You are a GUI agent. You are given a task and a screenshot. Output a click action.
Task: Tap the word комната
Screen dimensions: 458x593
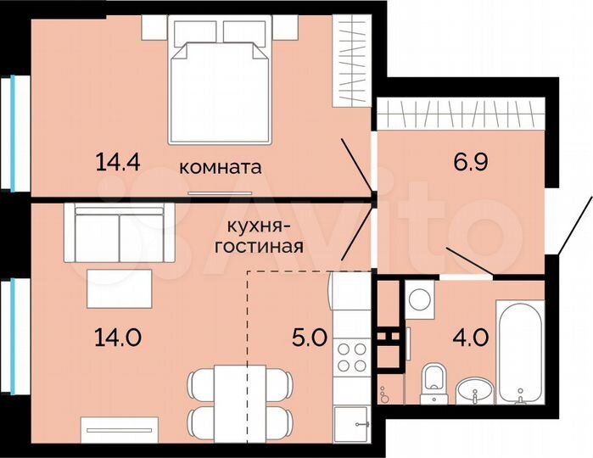tap(221, 167)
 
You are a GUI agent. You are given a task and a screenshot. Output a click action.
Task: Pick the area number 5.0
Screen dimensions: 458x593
tap(307, 337)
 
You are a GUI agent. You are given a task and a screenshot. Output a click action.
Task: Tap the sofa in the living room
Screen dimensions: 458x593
tap(120, 233)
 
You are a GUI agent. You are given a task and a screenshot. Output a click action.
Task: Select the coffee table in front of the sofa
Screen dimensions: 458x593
tap(120, 288)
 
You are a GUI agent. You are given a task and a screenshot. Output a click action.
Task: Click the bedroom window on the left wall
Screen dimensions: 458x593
tap(14, 131)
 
